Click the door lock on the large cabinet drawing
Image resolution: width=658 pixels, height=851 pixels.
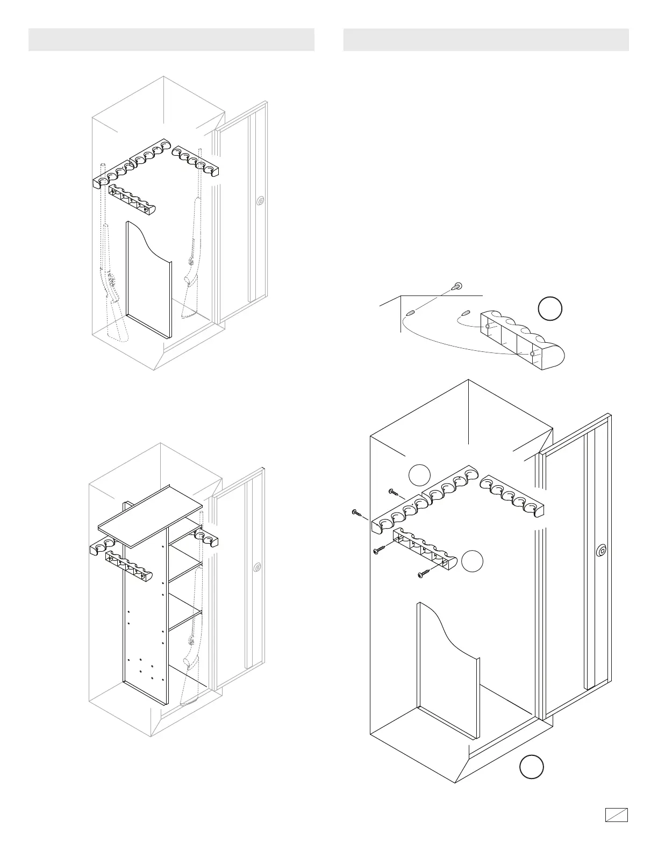tap(602, 550)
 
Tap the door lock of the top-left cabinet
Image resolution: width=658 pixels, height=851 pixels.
tap(260, 201)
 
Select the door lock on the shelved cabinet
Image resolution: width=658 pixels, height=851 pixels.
tap(258, 567)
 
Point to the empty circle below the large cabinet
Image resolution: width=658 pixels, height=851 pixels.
tap(531, 767)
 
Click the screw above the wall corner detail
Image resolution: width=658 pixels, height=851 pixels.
tap(457, 285)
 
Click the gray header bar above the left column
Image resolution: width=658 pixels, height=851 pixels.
tap(171, 40)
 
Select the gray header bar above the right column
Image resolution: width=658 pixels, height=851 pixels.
tap(486, 40)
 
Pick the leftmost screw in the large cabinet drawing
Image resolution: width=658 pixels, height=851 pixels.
tap(356, 513)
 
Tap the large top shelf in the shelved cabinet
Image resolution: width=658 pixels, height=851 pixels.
tap(150, 516)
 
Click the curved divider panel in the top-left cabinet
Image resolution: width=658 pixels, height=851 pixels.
tap(148, 279)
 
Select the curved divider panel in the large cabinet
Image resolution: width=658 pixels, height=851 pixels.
tap(446, 672)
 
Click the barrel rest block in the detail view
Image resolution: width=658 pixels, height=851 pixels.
tap(521, 338)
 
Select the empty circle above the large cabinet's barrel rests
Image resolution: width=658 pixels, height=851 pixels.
tap(419, 474)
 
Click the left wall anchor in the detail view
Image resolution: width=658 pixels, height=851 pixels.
tap(410, 312)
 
